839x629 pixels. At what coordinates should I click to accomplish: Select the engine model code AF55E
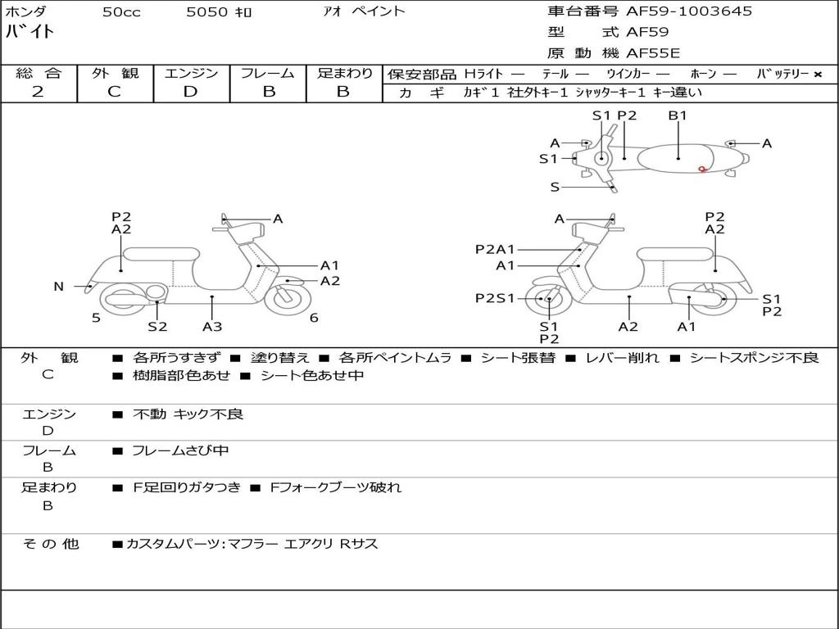pyautogui.click(x=653, y=53)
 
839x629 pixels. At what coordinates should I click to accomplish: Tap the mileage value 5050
pyautogui.click(x=207, y=12)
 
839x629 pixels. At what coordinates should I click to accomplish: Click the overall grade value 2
pyautogui.click(x=38, y=92)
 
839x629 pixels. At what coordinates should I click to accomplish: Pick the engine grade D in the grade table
pyautogui.click(x=190, y=92)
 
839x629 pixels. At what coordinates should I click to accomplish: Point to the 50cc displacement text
pyautogui.click(x=121, y=12)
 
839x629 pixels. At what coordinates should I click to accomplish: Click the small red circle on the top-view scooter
pyautogui.click(x=702, y=170)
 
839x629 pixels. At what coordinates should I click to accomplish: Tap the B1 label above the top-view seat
pyautogui.click(x=678, y=115)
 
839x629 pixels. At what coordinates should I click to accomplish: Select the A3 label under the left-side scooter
pyautogui.click(x=212, y=327)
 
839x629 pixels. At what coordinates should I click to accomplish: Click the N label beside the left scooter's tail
pyautogui.click(x=58, y=287)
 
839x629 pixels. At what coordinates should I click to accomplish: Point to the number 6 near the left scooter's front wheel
pyautogui.click(x=314, y=318)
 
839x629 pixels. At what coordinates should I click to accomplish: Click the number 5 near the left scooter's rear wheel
pyautogui.click(x=96, y=318)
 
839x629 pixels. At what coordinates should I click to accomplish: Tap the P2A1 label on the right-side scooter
pyautogui.click(x=495, y=249)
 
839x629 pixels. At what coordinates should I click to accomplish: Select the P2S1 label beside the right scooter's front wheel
pyautogui.click(x=495, y=299)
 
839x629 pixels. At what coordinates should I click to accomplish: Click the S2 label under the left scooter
pyautogui.click(x=157, y=327)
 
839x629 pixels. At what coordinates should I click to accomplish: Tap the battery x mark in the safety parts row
pyautogui.click(x=817, y=75)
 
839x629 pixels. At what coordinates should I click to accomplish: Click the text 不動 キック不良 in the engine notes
pyautogui.click(x=188, y=414)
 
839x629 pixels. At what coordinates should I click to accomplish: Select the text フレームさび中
pyautogui.click(x=180, y=450)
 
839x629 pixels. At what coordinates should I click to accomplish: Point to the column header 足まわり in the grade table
pyautogui.click(x=345, y=74)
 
